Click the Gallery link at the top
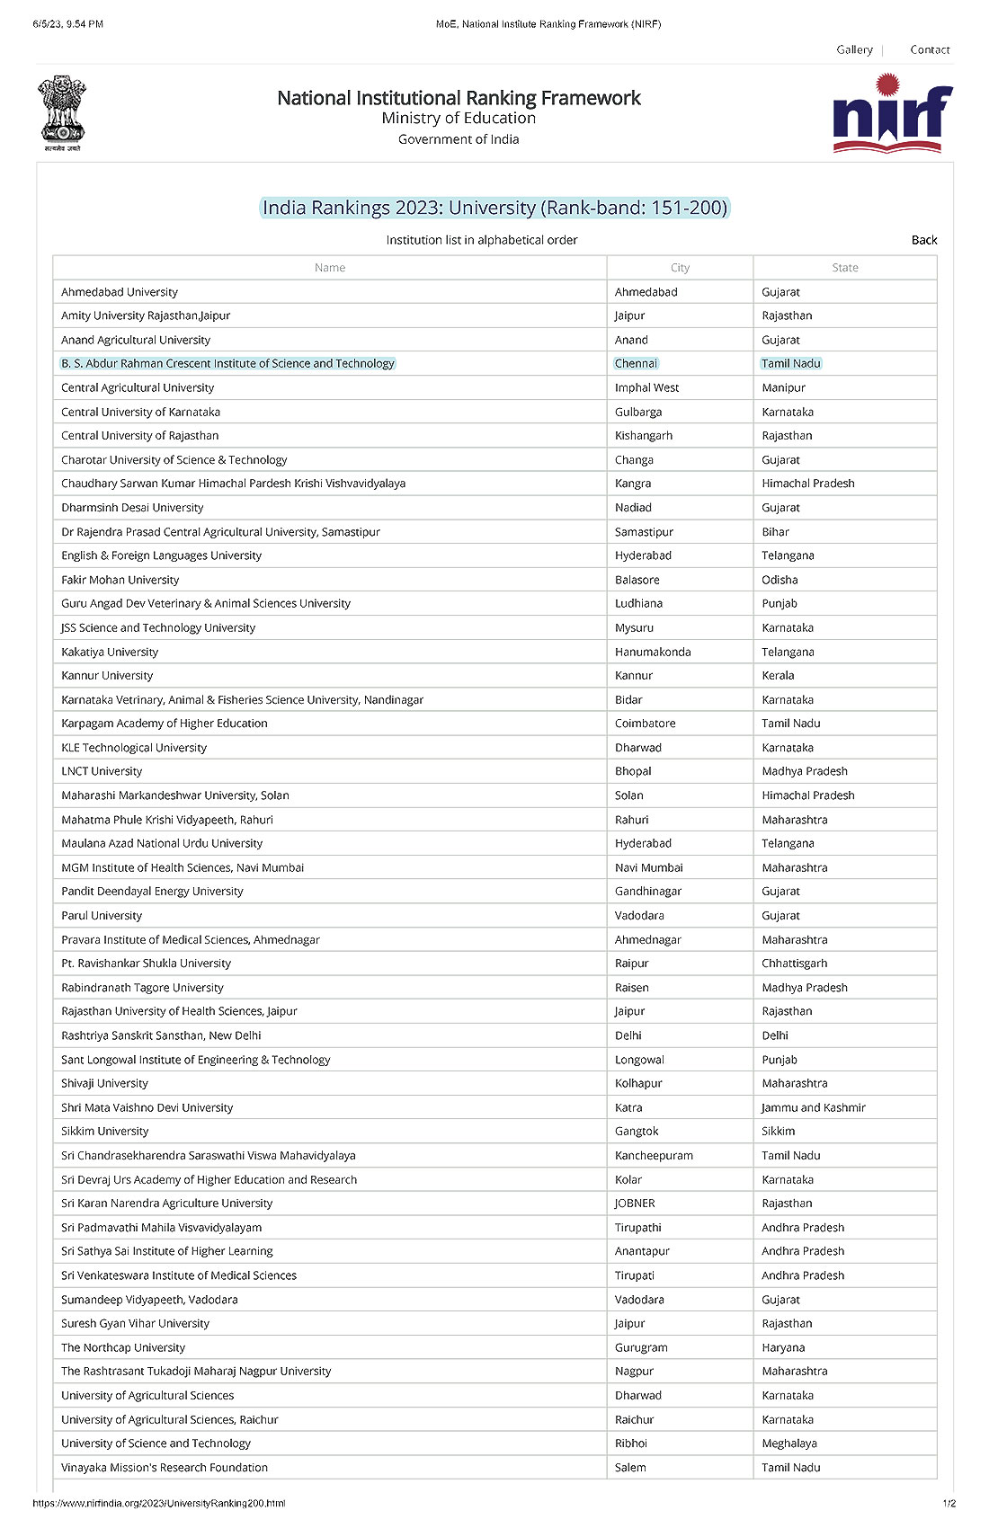coord(854,49)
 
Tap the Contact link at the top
coord(930,49)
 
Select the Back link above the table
coord(924,240)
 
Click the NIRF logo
coord(892,113)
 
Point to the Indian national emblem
coord(62,113)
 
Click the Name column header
coord(330,268)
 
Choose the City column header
coord(680,268)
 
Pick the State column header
coord(845,268)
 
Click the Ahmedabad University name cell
coord(120,292)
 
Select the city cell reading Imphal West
coord(646,387)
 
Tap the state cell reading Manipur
coord(784,387)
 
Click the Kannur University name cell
coord(107,675)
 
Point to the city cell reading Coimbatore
coord(645,724)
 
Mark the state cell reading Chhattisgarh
coord(794,963)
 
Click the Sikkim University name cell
coord(105,1131)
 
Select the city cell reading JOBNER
coord(635,1203)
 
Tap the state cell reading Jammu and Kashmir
coord(814,1107)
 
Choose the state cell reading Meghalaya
coord(789,1443)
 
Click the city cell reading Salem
coord(630,1467)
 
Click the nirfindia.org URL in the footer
coord(159,1503)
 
